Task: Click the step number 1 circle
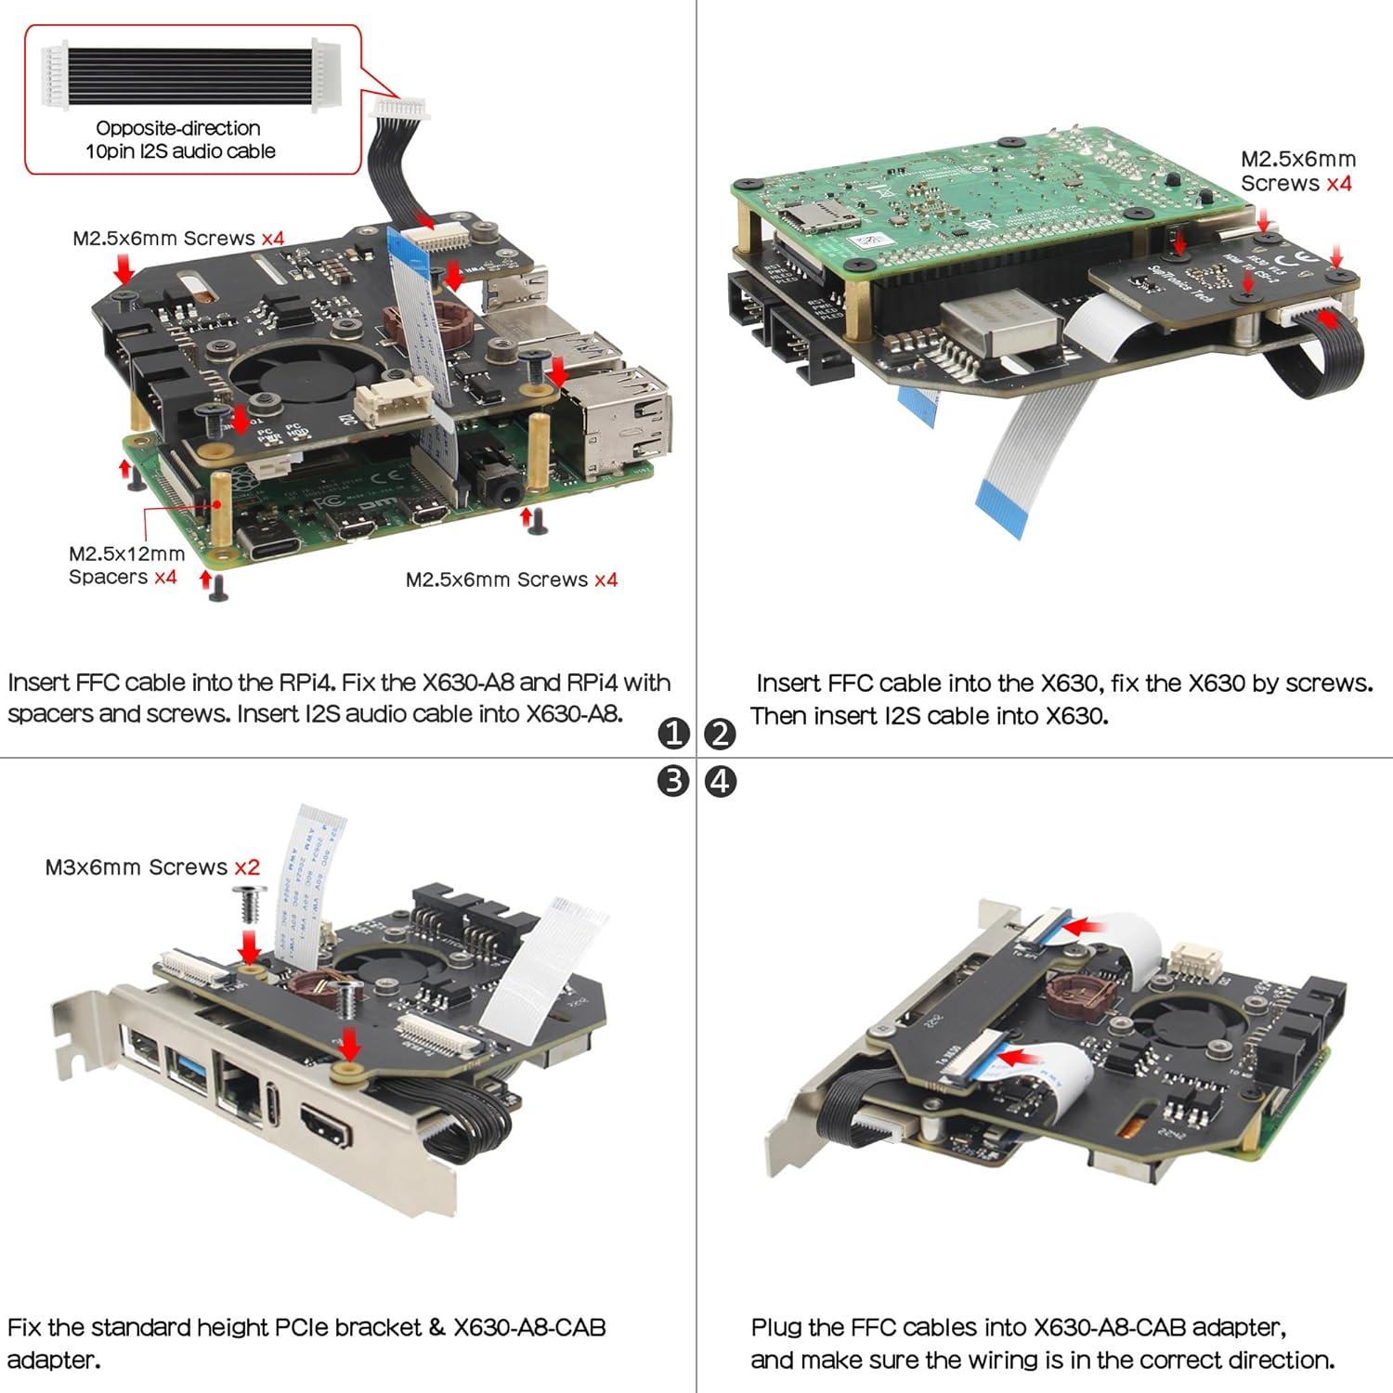click(673, 734)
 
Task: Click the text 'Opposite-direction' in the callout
click(178, 128)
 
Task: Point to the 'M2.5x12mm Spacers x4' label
click(126, 566)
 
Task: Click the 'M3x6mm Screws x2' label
click(152, 867)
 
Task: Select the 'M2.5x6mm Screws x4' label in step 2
click(1297, 171)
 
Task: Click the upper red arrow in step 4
click(1089, 926)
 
